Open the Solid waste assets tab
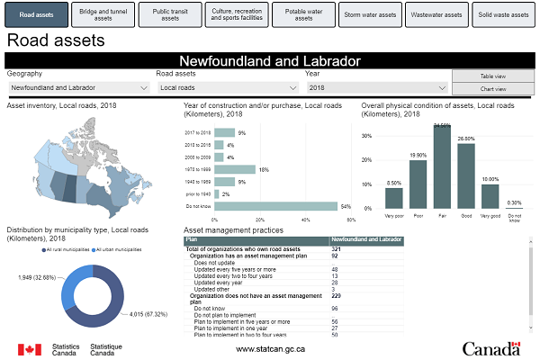pyautogui.click(x=503, y=15)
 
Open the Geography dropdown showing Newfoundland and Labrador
pyautogui.click(x=78, y=88)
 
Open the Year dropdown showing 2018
pyautogui.click(x=376, y=88)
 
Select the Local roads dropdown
pyautogui.click(x=228, y=88)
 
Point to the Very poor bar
pyautogui.click(x=394, y=199)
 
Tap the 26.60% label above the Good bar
pyautogui.click(x=465, y=139)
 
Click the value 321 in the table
pyautogui.click(x=335, y=247)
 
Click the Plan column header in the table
pyautogui.click(x=191, y=240)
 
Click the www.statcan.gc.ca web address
pyautogui.click(x=270, y=348)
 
